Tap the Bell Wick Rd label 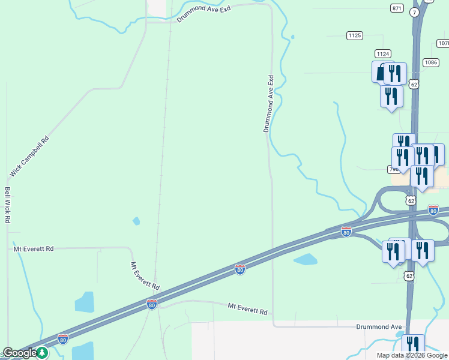[8, 205]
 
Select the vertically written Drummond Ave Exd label [268, 103]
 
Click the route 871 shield [397, 8]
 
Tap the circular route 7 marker [415, 13]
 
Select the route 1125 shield [355, 35]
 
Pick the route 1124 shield [383, 54]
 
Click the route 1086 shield [430, 62]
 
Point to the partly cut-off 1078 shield [443, 43]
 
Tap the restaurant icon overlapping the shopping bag [394, 73]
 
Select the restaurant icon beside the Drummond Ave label [413, 344]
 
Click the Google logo [19, 353]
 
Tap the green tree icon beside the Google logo [42, 353]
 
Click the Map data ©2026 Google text [412, 355]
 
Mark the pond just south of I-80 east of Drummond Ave [306, 260]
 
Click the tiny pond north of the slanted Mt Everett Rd [136, 221]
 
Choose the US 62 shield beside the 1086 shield [414, 85]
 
